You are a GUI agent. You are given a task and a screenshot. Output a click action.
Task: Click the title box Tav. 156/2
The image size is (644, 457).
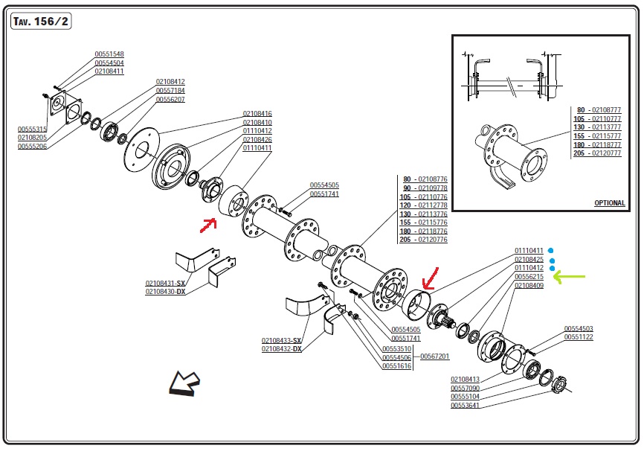tap(41, 22)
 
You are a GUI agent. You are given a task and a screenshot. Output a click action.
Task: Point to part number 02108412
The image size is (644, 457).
tap(170, 81)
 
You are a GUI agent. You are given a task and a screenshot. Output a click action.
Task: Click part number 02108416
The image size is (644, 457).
tap(257, 114)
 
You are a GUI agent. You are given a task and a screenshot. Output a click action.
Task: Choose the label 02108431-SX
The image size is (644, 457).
tap(165, 284)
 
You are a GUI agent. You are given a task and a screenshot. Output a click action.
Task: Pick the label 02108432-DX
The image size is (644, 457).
tap(281, 349)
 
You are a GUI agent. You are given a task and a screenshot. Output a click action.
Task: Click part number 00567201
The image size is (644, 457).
tap(435, 357)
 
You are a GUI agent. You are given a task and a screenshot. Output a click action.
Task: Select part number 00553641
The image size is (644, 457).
tap(465, 406)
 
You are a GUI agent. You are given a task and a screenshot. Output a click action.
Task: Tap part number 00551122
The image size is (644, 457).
tap(578, 337)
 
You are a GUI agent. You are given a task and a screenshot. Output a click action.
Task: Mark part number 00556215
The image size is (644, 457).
tap(529, 277)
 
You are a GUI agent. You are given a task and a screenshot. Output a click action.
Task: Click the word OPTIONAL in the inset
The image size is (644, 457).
tap(609, 203)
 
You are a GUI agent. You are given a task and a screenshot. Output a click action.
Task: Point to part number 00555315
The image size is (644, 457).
tap(32, 129)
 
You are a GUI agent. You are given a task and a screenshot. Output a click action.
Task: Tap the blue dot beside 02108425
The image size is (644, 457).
tap(552, 260)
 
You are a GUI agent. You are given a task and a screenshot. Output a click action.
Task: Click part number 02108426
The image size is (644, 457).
tap(257, 139)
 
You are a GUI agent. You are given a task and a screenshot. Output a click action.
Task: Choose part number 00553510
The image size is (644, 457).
tap(396, 349)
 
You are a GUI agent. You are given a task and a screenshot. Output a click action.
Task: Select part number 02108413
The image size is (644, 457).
tap(465, 380)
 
